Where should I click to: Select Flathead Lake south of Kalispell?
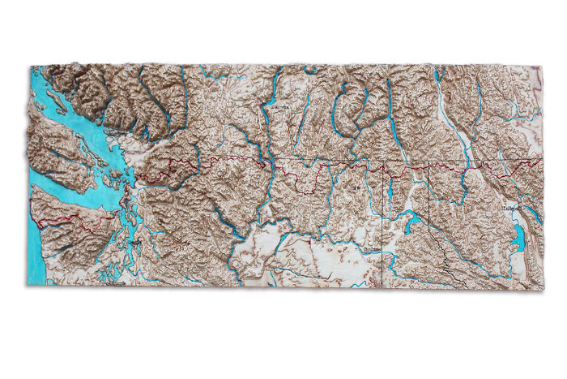[x=516, y=236]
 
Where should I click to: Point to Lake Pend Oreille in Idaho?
[x=411, y=221]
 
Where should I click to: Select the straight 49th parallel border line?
[x=324, y=162]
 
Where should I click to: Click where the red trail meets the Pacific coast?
[x=34, y=217]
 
